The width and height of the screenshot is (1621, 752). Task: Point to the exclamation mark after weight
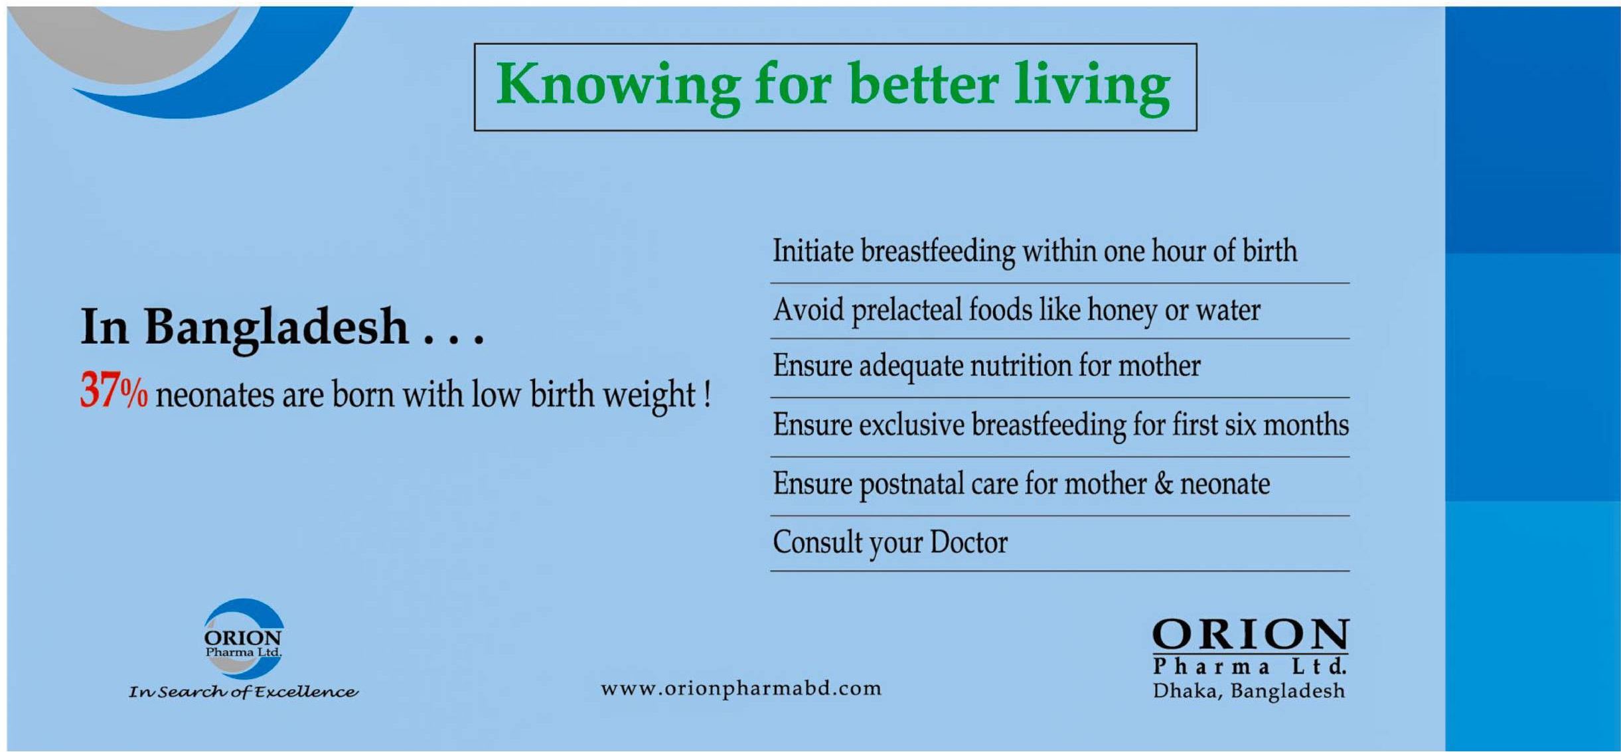(708, 394)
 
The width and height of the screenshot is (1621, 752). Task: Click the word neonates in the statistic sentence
(214, 394)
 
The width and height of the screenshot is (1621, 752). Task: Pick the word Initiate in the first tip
(813, 251)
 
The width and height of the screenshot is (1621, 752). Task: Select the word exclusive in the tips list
(911, 425)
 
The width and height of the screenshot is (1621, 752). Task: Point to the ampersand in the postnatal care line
(1164, 483)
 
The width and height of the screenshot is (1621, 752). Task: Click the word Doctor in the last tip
(968, 542)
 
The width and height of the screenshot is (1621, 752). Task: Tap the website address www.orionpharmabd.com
(741, 688)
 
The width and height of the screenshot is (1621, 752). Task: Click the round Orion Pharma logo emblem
(243, 639)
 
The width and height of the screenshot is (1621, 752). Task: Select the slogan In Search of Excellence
(243, 692)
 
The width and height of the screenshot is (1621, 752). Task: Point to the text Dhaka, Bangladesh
(1249, 691)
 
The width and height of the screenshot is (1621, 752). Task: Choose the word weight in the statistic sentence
(649, 396)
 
